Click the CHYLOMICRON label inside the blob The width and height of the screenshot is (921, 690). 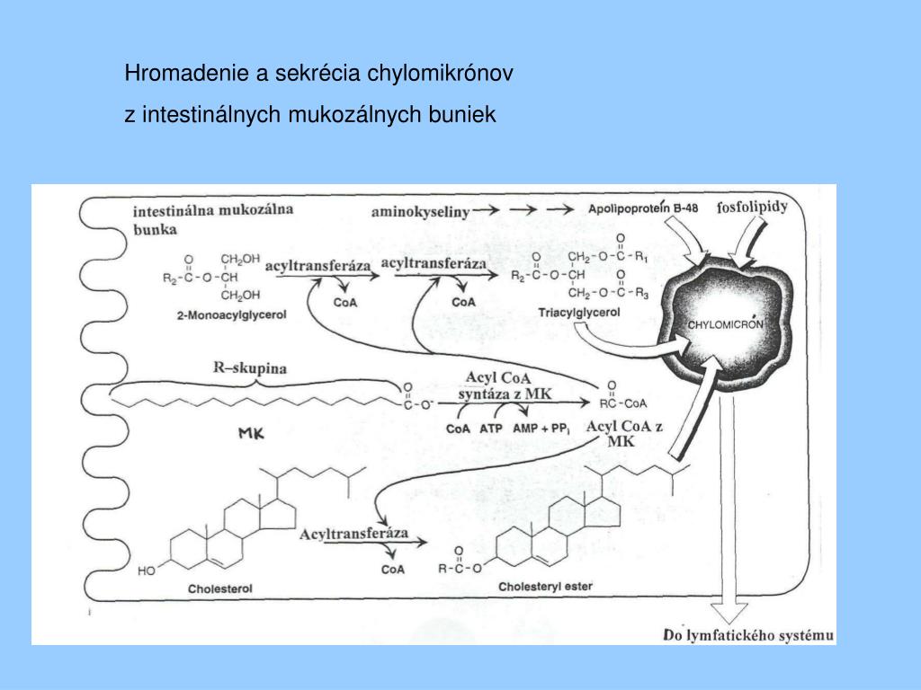pyautogui.click(x=726, y=324)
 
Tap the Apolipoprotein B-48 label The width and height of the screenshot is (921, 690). pyautogui.click(x=643, y=208)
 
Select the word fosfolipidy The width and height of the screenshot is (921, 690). pyautogui.click(x=752, y=207)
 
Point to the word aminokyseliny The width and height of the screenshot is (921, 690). pyautogui.click(x=421, y=212)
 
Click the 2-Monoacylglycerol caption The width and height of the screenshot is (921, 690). pyautogui.click(x=231, y=315)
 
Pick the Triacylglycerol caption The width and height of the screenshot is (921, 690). pyautogui.click(x=579, y=313)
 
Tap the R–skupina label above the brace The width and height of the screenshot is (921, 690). pyautogui.click(x=250, y=367)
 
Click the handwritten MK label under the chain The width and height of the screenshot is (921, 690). pyautogui.click(x=252, y=434)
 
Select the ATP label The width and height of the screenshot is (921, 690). pyautogui.click(x=491, y=429)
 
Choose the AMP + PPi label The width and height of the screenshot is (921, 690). pyautogui.click(x=541, y=429)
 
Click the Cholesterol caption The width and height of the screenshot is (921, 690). pyautogui.click(x=219, y=588)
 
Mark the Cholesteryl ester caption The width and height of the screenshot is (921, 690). pyautogui.click(x=545, y=586)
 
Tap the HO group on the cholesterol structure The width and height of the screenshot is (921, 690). pyautogui.click(x=147, y=571)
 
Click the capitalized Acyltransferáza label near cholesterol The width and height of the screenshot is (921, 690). pyautogui.click(x=353, y=534)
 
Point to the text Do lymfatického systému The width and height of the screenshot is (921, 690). pyautogui.click(x=748, y=635)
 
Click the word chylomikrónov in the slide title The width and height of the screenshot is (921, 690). pyautogui.click(x=440, y=74)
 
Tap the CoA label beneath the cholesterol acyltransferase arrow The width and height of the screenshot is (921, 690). pyautogui.click(x=393, y=570)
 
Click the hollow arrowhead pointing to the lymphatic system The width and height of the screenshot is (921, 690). pyautogui.click(x=729, y=613)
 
